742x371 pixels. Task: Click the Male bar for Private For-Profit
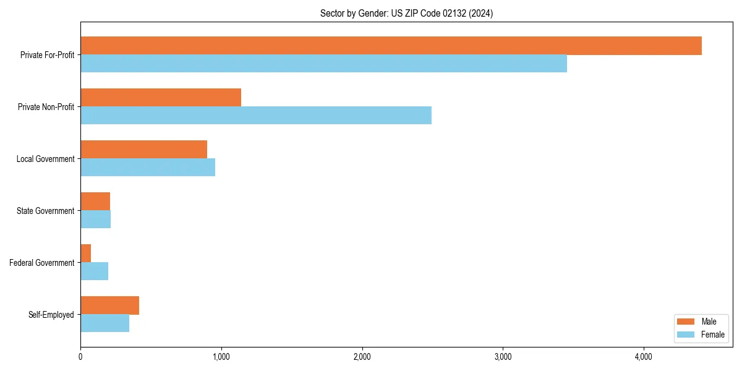tap(391, 46)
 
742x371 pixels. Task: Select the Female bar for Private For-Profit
tap(323, 64)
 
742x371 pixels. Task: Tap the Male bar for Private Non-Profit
tap(161, 98)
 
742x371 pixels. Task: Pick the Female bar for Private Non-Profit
tap(256, 116)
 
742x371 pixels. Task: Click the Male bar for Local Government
tap(143, 150)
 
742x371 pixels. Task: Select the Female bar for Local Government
tap(148, 168)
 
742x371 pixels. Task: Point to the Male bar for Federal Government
tap(86, 254)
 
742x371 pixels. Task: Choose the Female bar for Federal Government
tap(95, 271)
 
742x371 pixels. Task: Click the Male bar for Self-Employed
tap(109, 305)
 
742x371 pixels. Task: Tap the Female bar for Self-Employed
tap(104, 323)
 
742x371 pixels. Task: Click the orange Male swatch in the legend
tap(686, 322)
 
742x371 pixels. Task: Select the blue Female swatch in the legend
tap(686, 335)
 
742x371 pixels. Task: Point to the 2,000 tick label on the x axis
tap(362, 357)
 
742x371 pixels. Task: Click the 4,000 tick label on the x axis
tap(644, 357)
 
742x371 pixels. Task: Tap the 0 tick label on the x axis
tap(80, 357)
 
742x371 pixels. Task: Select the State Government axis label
tap(45, 211)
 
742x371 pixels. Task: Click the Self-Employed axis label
tap(51, 315)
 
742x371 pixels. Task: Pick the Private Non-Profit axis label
tap(46, 107)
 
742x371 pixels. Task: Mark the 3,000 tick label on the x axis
tap(503, 357)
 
